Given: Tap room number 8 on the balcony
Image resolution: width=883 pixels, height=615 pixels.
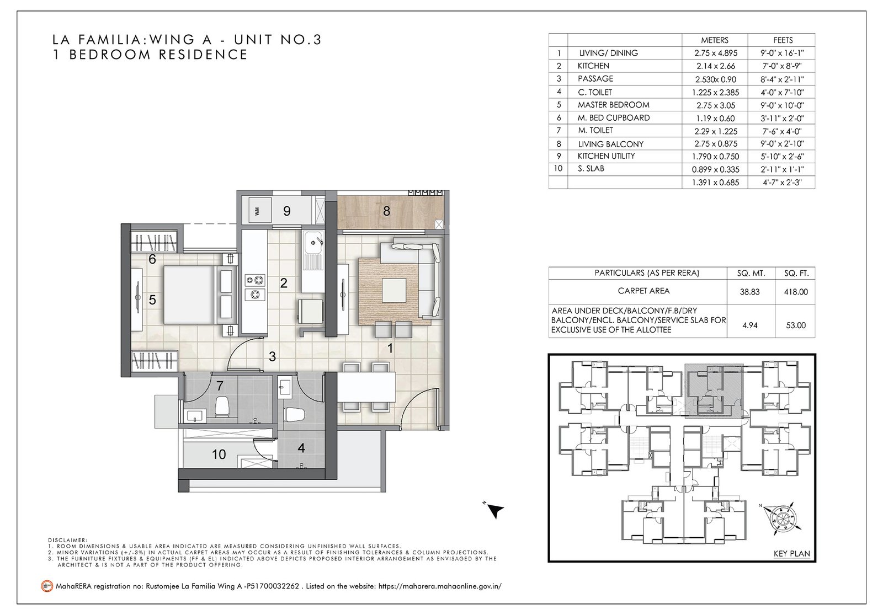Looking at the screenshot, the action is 387,211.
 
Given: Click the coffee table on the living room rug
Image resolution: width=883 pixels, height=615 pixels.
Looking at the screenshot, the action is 394,290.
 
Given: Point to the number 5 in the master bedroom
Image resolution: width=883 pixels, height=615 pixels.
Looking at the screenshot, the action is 152,300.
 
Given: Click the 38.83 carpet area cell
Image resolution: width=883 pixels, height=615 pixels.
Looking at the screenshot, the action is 749,292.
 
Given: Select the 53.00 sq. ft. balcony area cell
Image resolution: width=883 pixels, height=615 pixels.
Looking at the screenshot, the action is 795,325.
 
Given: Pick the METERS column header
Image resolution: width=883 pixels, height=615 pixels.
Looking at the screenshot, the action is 715,40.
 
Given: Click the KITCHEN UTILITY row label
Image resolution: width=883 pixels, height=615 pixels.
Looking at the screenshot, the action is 607,156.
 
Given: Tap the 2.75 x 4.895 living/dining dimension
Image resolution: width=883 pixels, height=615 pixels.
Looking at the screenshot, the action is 716,53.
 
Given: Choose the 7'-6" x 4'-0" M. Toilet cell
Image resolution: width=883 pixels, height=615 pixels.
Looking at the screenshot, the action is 783,131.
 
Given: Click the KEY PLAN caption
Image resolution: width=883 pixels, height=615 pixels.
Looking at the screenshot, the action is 791,554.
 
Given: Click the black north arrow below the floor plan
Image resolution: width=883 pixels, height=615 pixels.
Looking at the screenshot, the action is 495,511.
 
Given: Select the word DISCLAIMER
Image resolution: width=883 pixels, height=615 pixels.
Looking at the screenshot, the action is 67,540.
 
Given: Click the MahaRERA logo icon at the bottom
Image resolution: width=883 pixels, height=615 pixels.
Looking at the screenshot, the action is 47,586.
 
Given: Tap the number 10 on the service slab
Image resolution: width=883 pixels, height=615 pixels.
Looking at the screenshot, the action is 219,454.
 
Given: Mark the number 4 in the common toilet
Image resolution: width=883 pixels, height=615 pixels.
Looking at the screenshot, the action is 301,448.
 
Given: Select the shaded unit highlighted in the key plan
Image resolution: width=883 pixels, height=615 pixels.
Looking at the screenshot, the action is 714,391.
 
